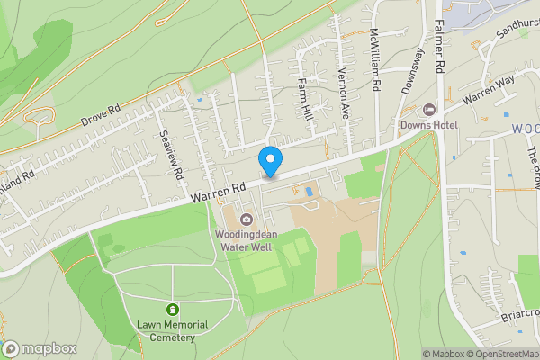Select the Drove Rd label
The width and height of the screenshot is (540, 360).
100,117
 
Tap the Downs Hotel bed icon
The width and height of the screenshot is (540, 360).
429,110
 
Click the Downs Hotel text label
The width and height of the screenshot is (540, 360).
429,125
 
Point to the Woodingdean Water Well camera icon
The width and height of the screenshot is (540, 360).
247,219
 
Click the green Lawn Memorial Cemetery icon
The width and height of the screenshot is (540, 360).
172,309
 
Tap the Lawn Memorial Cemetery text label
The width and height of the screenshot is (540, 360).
172,330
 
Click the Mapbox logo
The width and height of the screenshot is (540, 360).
40,349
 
